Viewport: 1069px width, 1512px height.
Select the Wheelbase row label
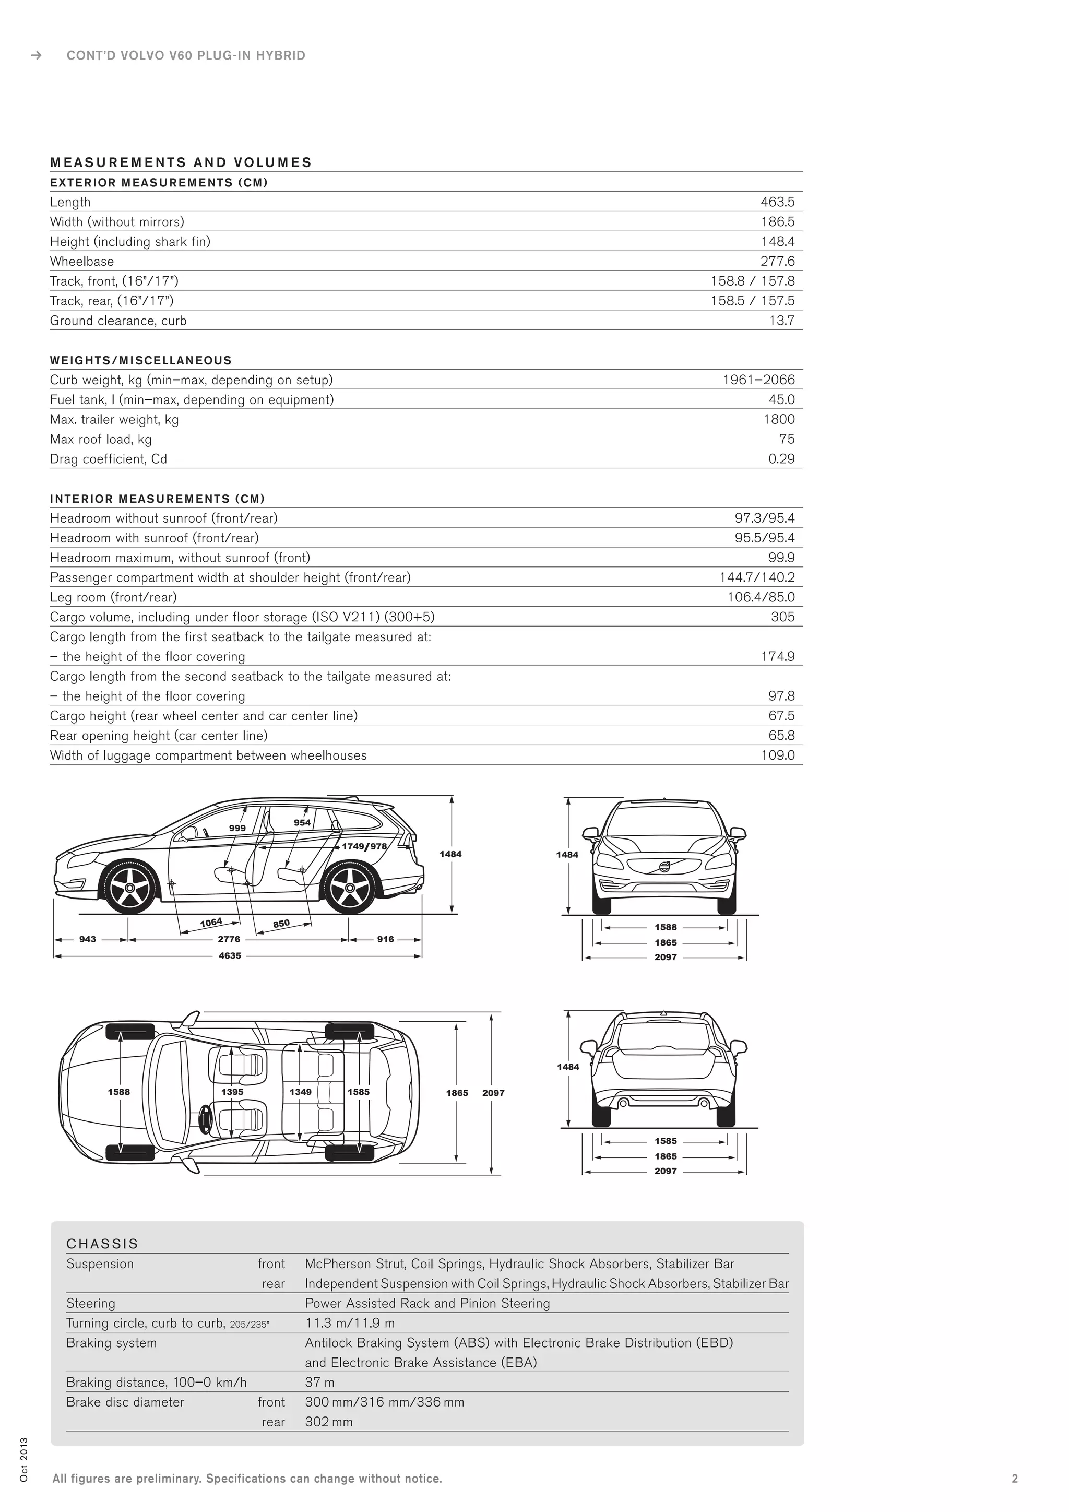point(81,262)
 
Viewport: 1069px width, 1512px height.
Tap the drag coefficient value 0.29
point(781,459)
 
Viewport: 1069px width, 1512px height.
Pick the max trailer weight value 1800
point(779,419)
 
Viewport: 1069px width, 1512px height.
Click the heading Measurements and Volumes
point(181,163)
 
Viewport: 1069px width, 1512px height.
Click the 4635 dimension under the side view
point(230,955)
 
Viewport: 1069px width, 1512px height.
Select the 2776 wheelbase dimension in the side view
point(229,939)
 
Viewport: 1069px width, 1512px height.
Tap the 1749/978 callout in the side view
point(364,846)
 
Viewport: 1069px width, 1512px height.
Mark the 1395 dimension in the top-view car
point(232,1092)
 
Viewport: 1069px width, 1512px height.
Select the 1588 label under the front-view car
point(666,927)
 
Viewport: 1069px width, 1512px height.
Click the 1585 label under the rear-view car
point(666,1141)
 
